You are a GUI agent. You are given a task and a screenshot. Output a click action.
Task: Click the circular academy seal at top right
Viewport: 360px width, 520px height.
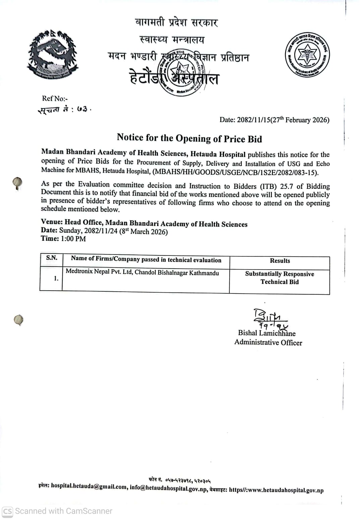pyautogui.click(x=307, y=55)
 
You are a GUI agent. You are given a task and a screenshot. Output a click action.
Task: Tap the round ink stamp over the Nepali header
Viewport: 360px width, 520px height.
pyautogui.click(x=181, y=72)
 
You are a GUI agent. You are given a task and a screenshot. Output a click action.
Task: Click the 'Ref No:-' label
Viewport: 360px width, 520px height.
pyautogui.click(x=55, y=98)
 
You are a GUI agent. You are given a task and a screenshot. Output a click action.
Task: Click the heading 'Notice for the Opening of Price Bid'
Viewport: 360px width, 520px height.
pyautogui.click(x=189, y=138)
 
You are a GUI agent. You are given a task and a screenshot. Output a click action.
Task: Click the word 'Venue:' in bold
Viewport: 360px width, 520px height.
pyautogui.click(x=52, y=222)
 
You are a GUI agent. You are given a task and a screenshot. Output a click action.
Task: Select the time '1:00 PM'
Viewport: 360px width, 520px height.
pyautogui.click(x=73, y=239)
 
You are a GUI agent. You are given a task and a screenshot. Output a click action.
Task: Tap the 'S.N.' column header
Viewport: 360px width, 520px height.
pyautogui.click(x=52, y=258)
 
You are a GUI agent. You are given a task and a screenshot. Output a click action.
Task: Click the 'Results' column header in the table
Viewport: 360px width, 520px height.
pyautogui.click(x=280, y=261)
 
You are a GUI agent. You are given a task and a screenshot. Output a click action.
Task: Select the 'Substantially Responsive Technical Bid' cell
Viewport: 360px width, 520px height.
pyautogui.click(x=280, y=278)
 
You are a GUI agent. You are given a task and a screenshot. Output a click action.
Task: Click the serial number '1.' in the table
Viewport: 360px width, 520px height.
pyautogui.click(x=56, y=278)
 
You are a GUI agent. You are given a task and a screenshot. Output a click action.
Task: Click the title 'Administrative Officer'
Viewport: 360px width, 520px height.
pyautogui.click(x=268, y=342)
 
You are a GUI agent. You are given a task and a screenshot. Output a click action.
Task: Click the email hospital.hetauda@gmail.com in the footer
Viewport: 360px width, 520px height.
pyautogui.click(x=89, y=486)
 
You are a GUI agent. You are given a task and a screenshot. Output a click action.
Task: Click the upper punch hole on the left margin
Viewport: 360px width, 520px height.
pyautogui.click(x=17, y=183)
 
